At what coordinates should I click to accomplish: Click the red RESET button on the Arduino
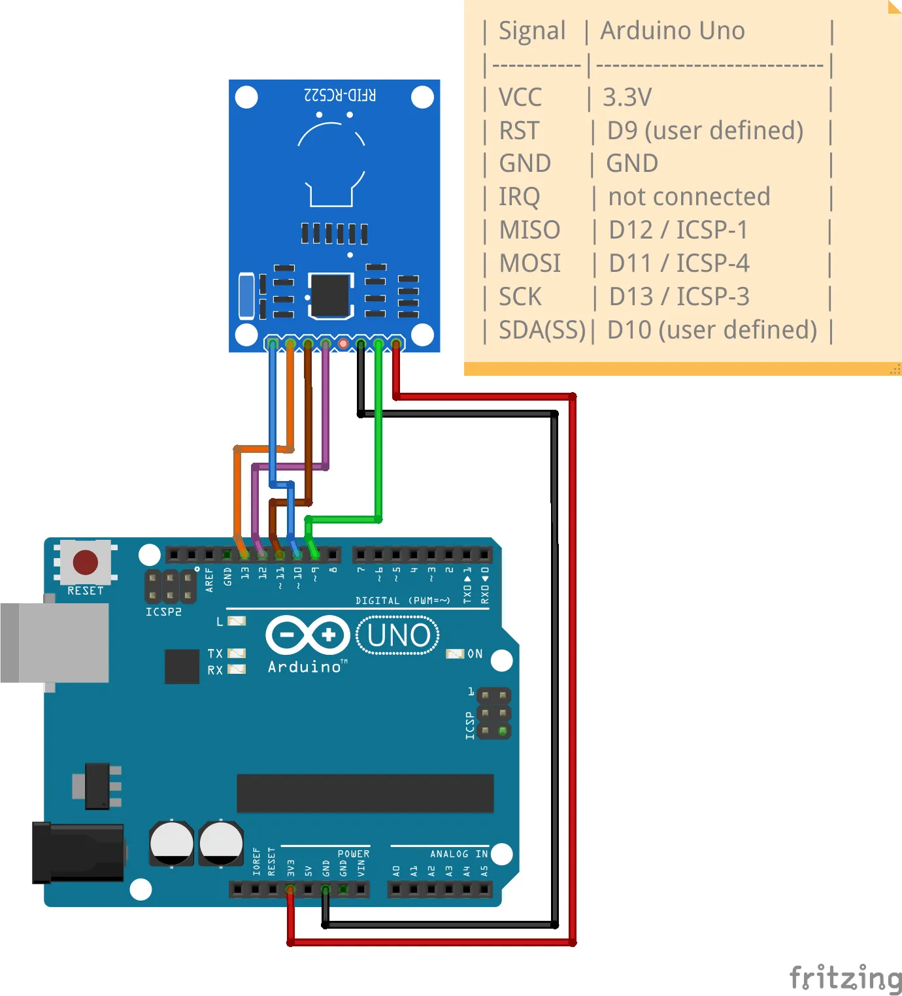[x=86, y=562]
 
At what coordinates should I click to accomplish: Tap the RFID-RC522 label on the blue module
[x=340, y=95]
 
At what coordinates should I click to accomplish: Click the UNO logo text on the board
[x=398, y=635]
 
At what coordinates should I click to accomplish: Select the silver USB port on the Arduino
[x=56, y=642]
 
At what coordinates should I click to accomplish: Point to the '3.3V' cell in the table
[x=627, y=97]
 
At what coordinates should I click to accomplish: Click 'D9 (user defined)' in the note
[x=705, y=131]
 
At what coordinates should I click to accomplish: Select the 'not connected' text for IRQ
[x=689, y=197]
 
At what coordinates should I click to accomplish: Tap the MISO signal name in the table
[x=529, y=230]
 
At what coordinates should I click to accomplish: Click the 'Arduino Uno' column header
[x=673, y=31]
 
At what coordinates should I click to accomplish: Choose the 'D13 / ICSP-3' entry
[x=679, y=297]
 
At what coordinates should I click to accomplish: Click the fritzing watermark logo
[x=845, y=978]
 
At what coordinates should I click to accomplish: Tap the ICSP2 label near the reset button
[x=163, y=612]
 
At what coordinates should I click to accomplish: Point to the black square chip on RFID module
[x=330, y=295]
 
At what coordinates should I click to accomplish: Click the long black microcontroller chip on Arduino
[x=365, y=793]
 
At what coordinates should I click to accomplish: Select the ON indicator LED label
[x=475, y=654]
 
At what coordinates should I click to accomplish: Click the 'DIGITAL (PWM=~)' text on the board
[x=403, y=600]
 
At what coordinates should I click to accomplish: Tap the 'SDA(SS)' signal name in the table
[x=542, y=330]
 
